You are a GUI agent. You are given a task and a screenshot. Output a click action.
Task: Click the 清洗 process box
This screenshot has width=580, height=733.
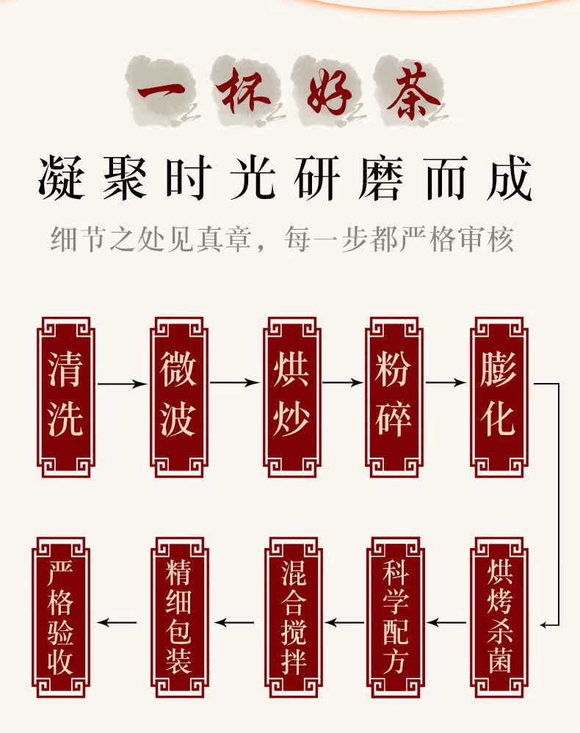click(x=65, y=397)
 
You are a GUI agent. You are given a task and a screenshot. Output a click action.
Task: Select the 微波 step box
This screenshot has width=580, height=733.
click(x=178, y=397)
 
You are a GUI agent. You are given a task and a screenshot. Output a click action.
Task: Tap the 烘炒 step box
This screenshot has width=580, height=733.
click(x=291, y=397)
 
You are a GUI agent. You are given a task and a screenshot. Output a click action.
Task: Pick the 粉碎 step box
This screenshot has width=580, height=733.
click(x=394, y=397)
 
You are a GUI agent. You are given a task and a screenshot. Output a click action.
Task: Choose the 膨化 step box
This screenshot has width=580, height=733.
click(x=499, y=397)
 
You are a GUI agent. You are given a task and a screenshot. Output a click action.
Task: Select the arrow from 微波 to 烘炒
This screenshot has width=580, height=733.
click(x=235, y=383)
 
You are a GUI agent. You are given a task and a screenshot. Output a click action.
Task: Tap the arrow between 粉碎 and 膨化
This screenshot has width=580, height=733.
click(x=446, y=383)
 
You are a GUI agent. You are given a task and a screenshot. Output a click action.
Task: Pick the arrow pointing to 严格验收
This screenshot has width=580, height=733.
click(x=117, y=623)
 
